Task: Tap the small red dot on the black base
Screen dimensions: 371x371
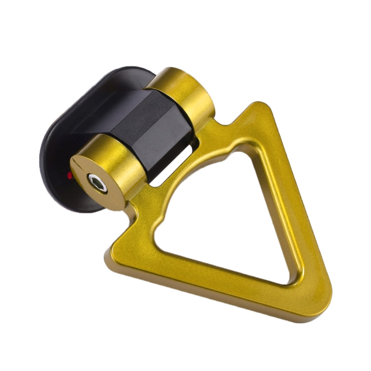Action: pyautogui.click(x=70, y=175)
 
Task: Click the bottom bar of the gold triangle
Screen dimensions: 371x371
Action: pyautogui.click(x=208, y=277)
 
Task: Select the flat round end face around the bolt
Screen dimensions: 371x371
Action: pyautogui.click(x=87, y=190)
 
